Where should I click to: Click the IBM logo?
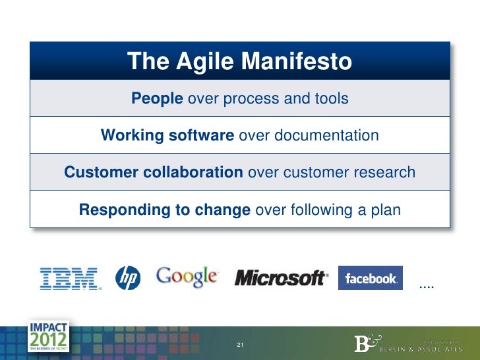point(71,278)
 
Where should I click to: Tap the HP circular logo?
point(128,278)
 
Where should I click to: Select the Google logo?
point(187,276)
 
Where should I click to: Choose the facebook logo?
point(370,278)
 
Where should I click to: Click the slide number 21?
point(240,345)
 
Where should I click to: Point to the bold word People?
point(157,99)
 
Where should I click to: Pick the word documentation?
point(328,136)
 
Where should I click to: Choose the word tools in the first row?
point(330,99)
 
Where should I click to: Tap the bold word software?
point(202,136)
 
